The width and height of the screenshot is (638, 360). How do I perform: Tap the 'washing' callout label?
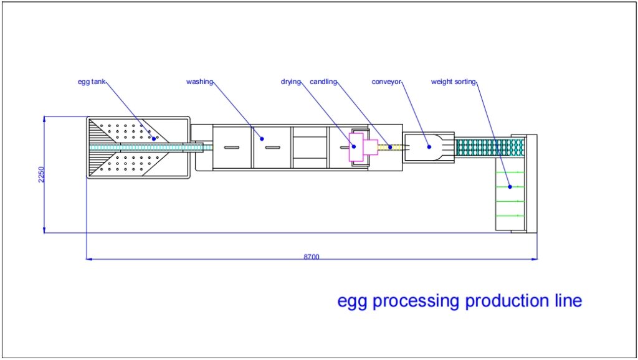(x=199, y=82)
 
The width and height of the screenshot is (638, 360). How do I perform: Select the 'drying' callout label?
(x=290, y=82)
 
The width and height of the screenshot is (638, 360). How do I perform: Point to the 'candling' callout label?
(x=323, y=82)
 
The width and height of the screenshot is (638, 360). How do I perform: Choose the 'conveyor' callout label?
(x=387, y=82)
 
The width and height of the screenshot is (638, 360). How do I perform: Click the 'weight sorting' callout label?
(x=454, y=82)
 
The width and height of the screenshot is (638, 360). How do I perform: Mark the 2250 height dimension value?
(x=40, y=174)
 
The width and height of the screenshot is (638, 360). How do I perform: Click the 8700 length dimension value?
(x=312, y=257)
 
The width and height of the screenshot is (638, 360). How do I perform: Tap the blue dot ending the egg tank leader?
(x=154, y=139)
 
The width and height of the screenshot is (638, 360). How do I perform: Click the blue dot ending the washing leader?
(x=262, y=138)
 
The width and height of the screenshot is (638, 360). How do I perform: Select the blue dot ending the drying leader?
(x=353, y=147)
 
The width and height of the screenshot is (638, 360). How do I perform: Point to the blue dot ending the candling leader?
(x=391, y=147)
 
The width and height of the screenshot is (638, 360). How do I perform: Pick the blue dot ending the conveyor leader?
(x=429, y=147)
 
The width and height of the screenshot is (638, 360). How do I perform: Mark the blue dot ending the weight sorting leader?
(x=510, y=186)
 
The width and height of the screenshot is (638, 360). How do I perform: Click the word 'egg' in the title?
(x=351, y=301)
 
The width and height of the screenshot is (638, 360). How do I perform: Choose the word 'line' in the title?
(x=568, y=301)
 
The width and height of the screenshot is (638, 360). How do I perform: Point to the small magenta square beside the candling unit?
(x=371, y=147)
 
